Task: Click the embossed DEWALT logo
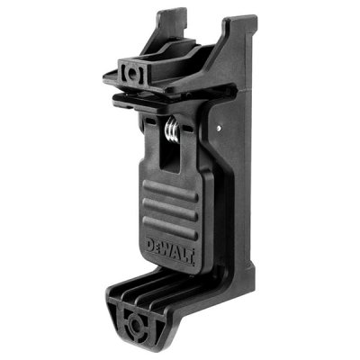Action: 170,250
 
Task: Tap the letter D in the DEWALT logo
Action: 150,245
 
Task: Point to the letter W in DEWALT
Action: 170,250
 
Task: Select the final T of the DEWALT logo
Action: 191,256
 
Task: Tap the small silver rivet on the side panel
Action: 220,128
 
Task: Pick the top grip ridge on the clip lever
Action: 170,190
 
